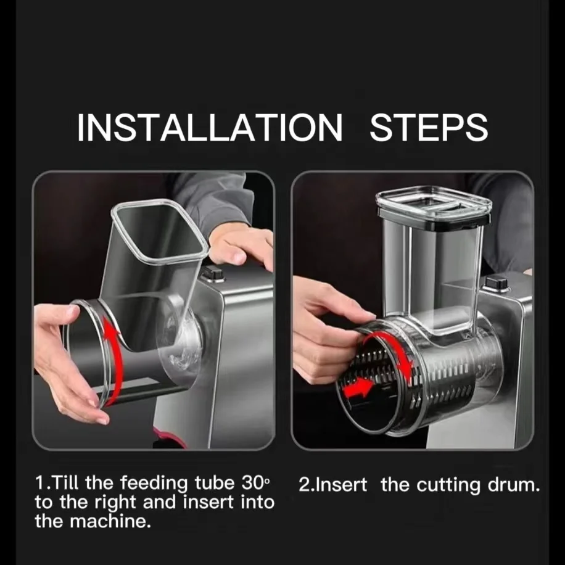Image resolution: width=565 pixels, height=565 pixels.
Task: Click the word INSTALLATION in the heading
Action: tap(210, 128)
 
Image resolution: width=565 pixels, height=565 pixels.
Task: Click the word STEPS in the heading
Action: tap(429, 128)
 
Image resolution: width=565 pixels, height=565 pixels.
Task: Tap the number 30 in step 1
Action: tap(253, 483)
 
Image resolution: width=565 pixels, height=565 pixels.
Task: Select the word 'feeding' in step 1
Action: tap(154, 484)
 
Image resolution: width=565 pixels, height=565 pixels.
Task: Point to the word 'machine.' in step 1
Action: tap(110, 521)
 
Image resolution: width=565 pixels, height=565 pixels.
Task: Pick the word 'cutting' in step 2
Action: tap(449, 485)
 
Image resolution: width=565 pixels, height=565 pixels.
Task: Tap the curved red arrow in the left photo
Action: tap(115, 360)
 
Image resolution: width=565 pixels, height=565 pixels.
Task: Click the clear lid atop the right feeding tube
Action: tap(434, 205)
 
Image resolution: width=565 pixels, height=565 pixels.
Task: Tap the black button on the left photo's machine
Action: tap(213, 274)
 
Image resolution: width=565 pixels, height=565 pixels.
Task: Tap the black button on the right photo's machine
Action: tap(497, 284)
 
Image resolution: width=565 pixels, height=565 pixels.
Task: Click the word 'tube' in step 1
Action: tap(215, 483)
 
